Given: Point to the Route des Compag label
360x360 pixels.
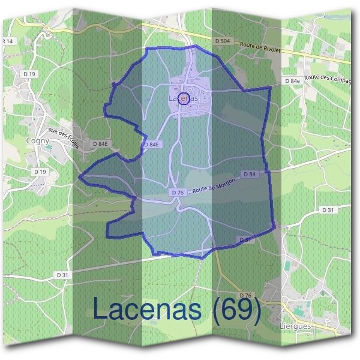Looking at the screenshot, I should click(326, 77).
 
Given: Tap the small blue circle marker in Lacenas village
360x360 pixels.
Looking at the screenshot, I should click(184, 100).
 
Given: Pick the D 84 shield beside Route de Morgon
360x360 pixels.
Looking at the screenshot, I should click(250, 174).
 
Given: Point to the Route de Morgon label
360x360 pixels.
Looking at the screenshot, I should click(213, 186).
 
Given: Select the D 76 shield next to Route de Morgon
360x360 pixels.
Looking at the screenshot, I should click(177, 193).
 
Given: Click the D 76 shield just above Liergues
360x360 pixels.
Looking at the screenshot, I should click(245, 295).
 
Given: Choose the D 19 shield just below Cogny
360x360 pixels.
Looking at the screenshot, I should click(41, 172).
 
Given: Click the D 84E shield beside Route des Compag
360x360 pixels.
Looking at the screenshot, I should click(292, 80).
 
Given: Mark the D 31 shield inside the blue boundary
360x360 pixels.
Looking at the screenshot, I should click(245, 239).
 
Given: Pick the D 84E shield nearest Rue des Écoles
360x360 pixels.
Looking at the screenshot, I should click(100, 144).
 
